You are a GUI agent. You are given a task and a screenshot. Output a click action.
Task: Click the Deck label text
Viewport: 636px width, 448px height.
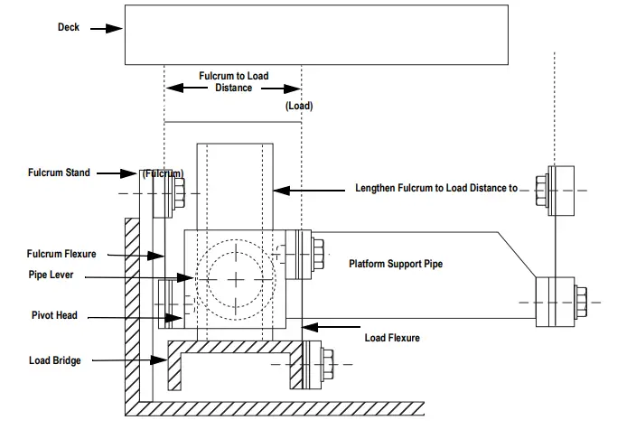coord(69,27)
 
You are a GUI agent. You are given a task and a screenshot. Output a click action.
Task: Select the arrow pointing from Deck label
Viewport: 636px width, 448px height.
coord(106,28)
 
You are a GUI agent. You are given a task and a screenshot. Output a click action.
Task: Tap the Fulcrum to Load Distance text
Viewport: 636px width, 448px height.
coord(233,83)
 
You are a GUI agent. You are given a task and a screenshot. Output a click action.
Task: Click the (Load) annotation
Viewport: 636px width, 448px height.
coord(299,106)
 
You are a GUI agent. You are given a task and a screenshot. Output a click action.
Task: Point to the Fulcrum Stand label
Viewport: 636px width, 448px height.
coord(59,173)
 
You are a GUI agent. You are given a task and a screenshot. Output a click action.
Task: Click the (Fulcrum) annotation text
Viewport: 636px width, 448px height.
coord(163,173)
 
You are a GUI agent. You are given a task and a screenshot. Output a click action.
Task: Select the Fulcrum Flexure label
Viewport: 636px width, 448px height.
coord(61,254)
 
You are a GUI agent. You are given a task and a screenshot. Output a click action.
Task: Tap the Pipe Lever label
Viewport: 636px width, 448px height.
coord(52,275)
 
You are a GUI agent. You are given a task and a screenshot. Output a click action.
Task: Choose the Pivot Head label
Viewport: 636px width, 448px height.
coord(53,315)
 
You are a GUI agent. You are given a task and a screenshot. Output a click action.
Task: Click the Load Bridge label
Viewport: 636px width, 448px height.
coord(54,360)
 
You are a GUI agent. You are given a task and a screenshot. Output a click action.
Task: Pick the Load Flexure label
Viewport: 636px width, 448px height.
coord(392,338)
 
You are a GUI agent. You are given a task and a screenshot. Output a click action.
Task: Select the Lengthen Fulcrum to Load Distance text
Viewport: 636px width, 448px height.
coord(436,189)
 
